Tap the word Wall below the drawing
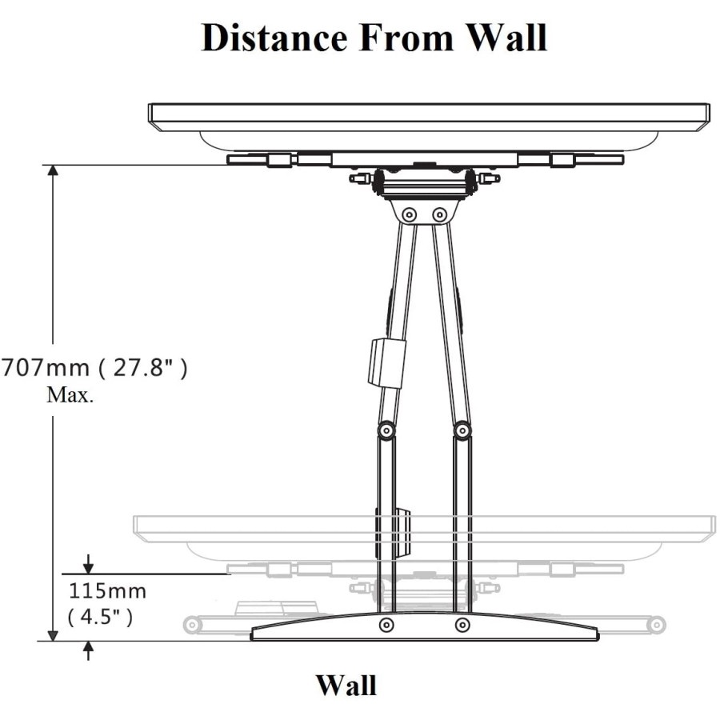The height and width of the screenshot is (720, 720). pyautogui.click(x=346, y=686)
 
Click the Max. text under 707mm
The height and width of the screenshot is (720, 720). pyautogui.click(x=70, y=395)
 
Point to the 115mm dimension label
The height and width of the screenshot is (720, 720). pyautogui.click(x=106, y=593)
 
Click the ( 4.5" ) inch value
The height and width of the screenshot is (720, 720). pyautogui.click(x=99, y=618)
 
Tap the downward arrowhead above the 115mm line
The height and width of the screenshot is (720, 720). pyautogui.click(x=88, y=566)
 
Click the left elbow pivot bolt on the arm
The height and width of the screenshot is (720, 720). pyautogui.click(x=386, y=430)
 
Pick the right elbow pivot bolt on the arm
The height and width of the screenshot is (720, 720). pyautogui.click(x=462, y=430)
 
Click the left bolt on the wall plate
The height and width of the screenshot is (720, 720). pyautogui.click(x=386, y=624)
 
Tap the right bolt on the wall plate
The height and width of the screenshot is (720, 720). pyautogui.click(x=462, y=624)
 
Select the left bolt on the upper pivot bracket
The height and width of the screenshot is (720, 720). pyautogui.click(x=410, y=214)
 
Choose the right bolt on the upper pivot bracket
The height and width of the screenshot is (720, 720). pyautogui.click(x=439, y=214)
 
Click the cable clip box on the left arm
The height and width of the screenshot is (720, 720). pyautogui.click(x=387, y=362)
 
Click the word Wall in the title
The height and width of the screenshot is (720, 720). pyautogui.click(x=501, y=38)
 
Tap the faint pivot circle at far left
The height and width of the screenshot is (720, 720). pyautogui.click(x=192, y=623)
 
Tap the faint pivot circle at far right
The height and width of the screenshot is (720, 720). pyautogui.click(x=655, y=623)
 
